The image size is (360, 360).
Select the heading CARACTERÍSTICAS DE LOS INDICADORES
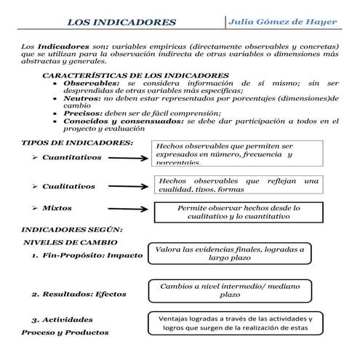135,76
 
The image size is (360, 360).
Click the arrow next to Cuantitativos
127,158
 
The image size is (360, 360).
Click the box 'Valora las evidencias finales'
229,253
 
